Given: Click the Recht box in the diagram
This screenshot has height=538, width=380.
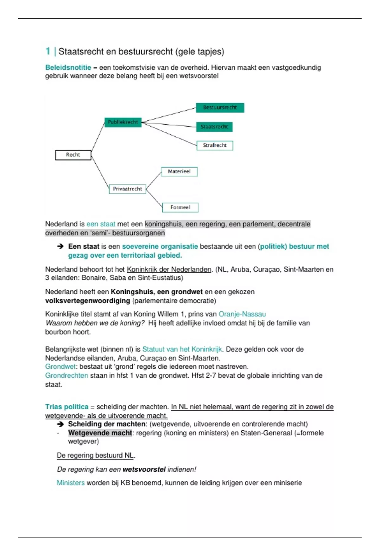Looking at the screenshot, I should (73, 155).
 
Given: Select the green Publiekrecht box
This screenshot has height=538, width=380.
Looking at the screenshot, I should (123, 122).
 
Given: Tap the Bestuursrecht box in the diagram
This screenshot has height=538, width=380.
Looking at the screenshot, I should (220, 108).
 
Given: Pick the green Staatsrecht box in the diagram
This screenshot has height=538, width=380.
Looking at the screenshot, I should (214, 127).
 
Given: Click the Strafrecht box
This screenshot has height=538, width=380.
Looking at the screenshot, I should (215, 146).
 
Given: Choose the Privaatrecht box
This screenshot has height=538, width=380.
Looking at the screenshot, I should (127, 189).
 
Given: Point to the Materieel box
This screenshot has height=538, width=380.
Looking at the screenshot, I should (179, 172).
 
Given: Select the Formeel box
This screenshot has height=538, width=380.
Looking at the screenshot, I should (180, 208).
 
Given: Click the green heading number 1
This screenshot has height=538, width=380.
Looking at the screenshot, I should (48, 51).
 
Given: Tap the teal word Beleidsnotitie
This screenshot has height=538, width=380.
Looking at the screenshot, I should (68, 67).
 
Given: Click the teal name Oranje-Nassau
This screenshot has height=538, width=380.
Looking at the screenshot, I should (242, 314).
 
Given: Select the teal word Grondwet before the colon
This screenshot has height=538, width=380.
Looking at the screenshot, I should (60, 366).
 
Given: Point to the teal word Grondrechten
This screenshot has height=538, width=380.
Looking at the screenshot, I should (66, 375).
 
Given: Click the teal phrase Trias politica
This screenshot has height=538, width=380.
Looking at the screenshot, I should (66, 407).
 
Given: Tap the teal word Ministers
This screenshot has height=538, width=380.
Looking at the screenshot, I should (71, 483).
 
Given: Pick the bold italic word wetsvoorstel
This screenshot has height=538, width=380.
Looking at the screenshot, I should (144, 469).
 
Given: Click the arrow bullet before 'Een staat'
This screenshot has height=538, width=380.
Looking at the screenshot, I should (60, 246).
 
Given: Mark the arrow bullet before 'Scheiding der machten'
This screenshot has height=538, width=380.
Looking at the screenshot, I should (60, 424).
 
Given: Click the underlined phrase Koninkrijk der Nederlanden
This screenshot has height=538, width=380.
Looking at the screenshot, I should (169, 270).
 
